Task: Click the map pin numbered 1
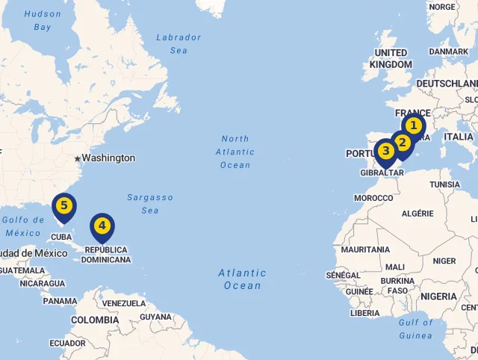(413, 126)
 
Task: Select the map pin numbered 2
(403, 143)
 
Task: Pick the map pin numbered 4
(102, 226)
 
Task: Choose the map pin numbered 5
(64, 205)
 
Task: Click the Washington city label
(108, 158)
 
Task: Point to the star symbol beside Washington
(77, 158)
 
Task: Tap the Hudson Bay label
(43, 20)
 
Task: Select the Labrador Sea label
(179, 43)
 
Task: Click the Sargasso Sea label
(149, 204)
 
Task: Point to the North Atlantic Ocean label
(235, 152)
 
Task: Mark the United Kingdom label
(391, 58)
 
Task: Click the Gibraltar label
(382, 173)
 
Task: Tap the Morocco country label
(373, 198)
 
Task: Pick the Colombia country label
(95, 320)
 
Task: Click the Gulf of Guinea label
(415, 329)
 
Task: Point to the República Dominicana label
(105, 255)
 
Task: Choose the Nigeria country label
(438, 297)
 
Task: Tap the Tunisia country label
(445, 184)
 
